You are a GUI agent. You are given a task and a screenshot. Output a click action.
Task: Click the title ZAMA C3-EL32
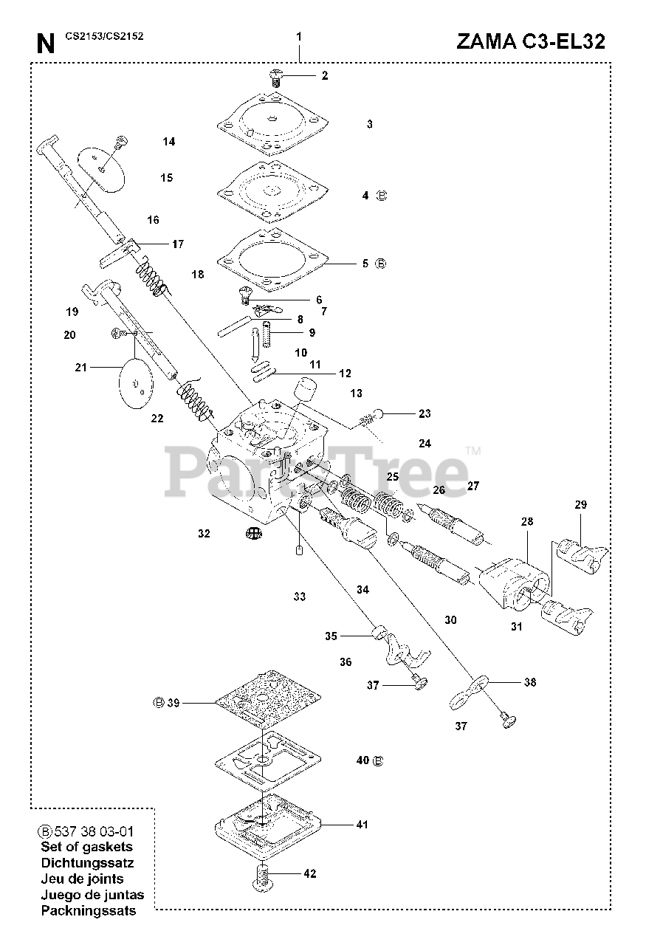click(x=531, y=41)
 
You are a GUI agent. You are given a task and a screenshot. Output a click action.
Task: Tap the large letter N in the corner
click(x=46, y=44)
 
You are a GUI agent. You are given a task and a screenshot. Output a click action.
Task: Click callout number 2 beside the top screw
click(x=304, y=75)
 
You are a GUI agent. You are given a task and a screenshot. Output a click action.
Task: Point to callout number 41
click(x=362, y=825)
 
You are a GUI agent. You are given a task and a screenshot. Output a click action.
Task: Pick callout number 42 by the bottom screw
click(x=309, y=874)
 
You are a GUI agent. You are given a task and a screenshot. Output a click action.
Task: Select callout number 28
click(x=527, y=521)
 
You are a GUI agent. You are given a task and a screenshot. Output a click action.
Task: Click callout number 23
click(x=424, y=413)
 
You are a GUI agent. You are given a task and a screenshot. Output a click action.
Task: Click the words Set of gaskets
click(x=87, y=847)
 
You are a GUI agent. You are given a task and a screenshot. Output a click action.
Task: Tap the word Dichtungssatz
click(x=87, y=862)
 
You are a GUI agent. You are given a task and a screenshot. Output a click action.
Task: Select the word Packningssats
click(x=89, y=910)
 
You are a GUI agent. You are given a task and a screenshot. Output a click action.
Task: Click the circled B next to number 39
click(x=158, y=703)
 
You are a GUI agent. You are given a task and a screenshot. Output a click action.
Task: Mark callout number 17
click(x=178, y=244)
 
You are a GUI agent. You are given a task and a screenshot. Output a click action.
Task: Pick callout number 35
click(x=331, y=636)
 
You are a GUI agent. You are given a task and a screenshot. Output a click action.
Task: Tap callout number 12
click(x=345, y=374)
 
